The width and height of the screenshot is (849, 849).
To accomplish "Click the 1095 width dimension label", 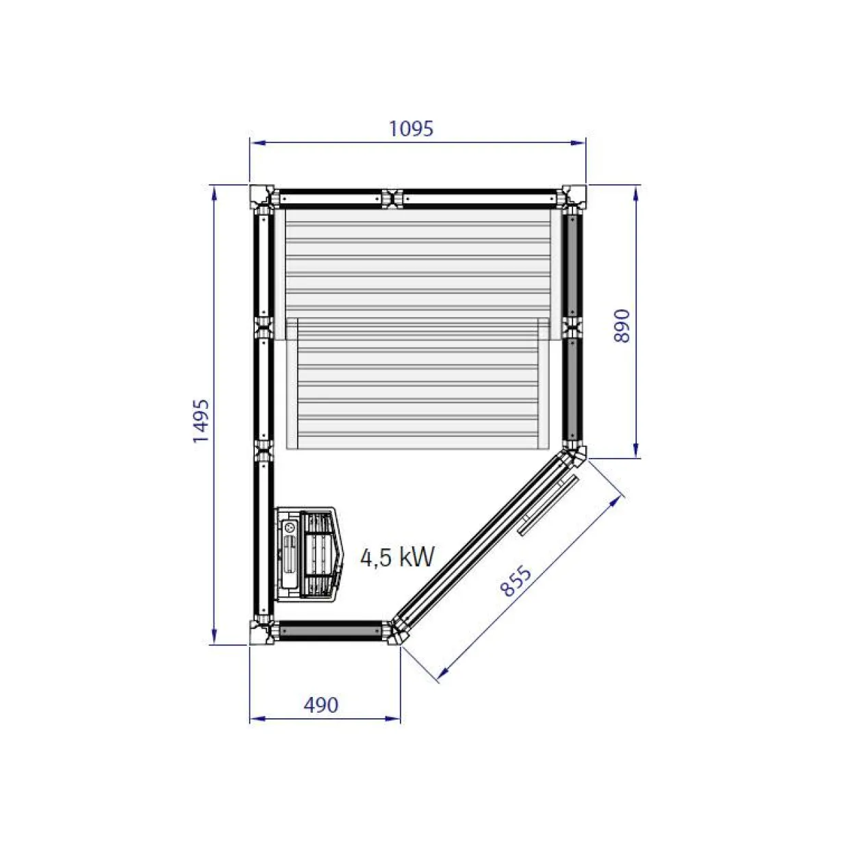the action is tap(411, 129).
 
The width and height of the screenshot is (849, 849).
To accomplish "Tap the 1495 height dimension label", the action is tap(201, 421).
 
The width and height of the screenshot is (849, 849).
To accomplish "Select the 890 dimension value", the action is tap(622, 326).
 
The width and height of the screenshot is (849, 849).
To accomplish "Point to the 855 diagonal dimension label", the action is tap(516, 581).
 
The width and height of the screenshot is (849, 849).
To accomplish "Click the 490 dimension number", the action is tap(320, 705).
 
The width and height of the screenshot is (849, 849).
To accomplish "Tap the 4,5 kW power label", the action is tap(397, 557).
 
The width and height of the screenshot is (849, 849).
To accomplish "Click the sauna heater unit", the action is tap(308, 554).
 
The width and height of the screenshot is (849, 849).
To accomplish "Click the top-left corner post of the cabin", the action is tap(262, 197).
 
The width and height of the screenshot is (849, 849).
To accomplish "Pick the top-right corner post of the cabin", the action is tap(573, 197).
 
